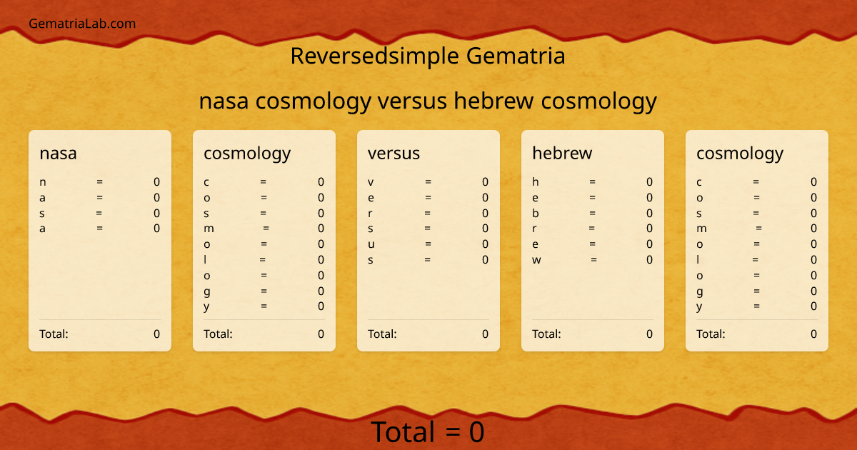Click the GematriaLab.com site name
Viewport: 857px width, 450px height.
[x=82, y=24]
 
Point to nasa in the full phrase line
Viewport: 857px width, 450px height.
[x=224, y=101]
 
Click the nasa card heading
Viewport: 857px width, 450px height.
[x=58, y=153]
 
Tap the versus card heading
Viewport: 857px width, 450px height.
[x=394, y=153]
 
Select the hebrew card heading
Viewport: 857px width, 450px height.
[x=562, y=153]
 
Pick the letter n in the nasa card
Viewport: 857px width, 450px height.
[x=43, y=182]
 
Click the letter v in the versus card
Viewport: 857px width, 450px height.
[x=371, y=182]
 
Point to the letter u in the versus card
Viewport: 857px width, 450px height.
[x=371, y=244]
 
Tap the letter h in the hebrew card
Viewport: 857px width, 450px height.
[x=536, y=182]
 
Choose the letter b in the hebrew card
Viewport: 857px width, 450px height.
[x=536, y=213]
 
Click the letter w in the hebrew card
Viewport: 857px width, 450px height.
[x=537, y=260]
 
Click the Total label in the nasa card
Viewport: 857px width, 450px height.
[x=54, y=334]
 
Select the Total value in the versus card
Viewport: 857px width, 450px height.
[x=486, y=334]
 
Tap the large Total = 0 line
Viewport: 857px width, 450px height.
[x=428, y=432]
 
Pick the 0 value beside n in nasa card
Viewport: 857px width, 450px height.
[x=157, y=182]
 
